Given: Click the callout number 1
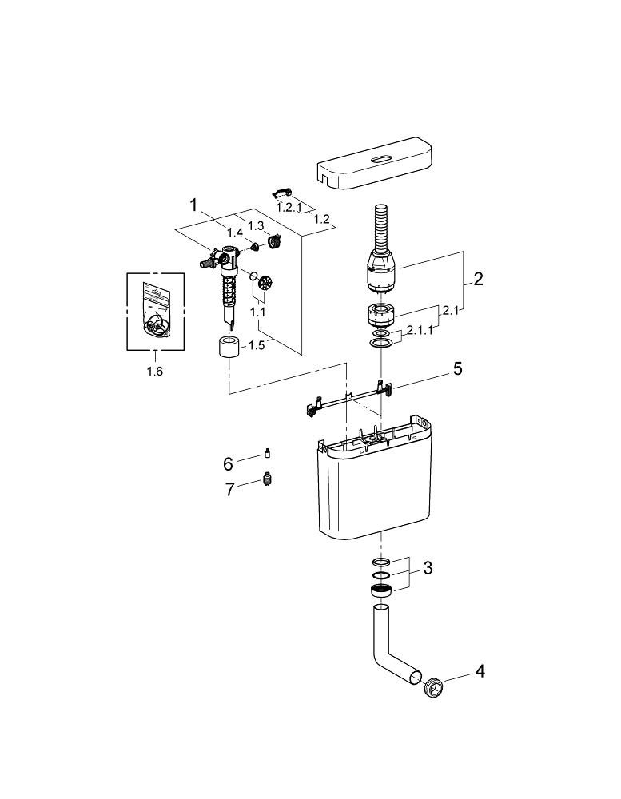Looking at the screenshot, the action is point(193,205).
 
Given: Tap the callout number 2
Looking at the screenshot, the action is point(478,279).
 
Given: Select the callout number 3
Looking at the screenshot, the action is point(428,567).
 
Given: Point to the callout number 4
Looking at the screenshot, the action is point(480,672).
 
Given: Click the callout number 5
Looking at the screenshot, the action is point(458,368).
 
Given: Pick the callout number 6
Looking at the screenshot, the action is point(228,463).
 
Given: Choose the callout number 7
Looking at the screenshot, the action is point(230,490).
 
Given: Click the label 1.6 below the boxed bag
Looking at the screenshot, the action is point(155,372).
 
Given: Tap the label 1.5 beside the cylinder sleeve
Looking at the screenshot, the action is point(257,345).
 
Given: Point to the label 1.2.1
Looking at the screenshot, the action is point(289,208).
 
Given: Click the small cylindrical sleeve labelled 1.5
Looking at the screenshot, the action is point(228,347).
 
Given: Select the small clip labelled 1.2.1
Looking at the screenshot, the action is point(281,192).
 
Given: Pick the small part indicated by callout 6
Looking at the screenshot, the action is point(267,453).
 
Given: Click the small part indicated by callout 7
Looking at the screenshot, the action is point(265,479).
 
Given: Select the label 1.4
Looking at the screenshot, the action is point(234,233).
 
